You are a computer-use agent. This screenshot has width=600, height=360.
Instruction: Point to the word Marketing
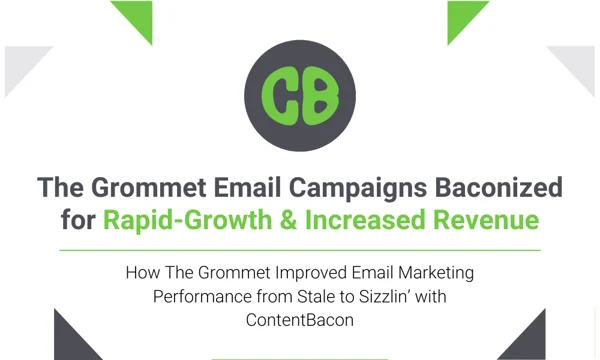(420, 272)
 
